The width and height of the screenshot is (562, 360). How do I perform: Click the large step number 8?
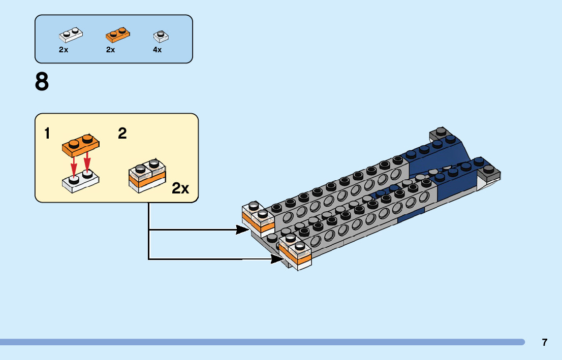pyautogui.click(x=42, y=82)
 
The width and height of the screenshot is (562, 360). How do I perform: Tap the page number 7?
pyautogui.click(x=544, y=342)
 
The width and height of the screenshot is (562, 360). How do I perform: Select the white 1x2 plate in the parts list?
pyautogui.click(x=71, y=35)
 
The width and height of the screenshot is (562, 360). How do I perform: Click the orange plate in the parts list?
pyautogui.click(x=118, y=35)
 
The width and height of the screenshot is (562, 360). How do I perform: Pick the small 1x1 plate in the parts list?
pyautogui.click(x=161, y=36)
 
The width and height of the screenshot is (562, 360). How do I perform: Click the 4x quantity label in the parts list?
pyautogui.click(x=158, y=50)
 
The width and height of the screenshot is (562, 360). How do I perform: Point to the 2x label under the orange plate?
pyautogui.click(x=110, y=50)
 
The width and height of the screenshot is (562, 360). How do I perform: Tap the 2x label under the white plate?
pyautogui.click(x=64, y=50)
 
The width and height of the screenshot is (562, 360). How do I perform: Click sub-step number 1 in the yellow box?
pyautogui.click(x=47, y=134)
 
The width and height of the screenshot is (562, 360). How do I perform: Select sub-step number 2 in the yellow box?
pyautogui.click(x=122, y=134)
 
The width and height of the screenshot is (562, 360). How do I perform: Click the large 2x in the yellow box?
pyautogui.click(x=180, y=188)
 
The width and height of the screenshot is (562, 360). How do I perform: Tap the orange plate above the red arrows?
pyautogui.click(x=81, y=145)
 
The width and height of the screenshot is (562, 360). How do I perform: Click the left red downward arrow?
pyautogui.click(x=74, y=165)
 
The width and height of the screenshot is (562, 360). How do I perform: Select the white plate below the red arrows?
pyautogui.click(x=81, y=181)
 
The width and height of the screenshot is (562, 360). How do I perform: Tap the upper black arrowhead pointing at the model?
pyautogui.click(x=242, y=230)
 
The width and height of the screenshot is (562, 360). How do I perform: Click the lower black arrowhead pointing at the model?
pyautogui.click(x=277, y=258)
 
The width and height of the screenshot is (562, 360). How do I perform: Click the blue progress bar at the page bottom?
pyautogui.click(x=262, y=342)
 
